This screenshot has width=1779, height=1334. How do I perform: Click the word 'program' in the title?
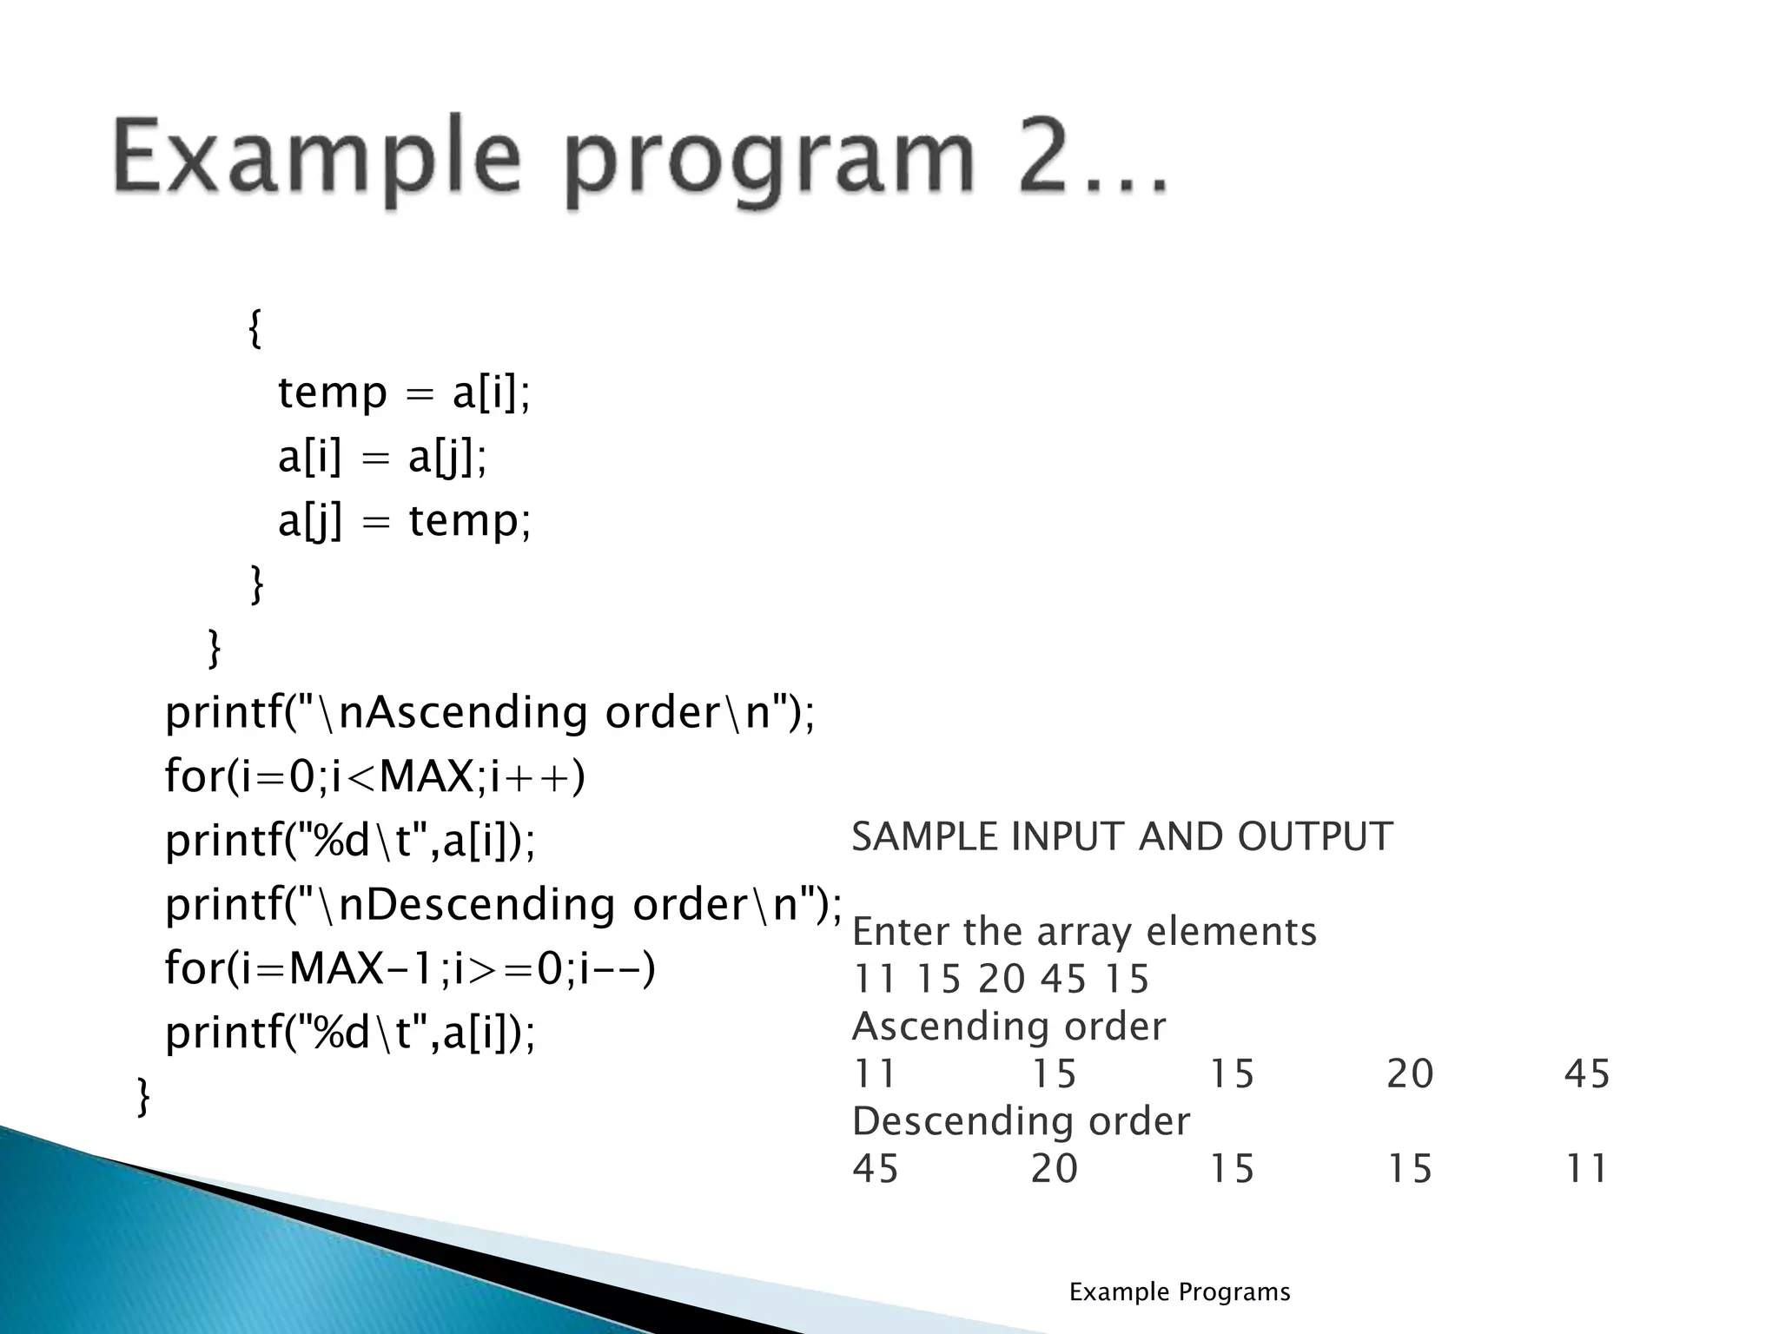click(771, 165)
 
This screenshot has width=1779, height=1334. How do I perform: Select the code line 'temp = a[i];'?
click(404, 393)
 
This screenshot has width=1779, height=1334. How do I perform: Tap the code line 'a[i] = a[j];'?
click(382, 457)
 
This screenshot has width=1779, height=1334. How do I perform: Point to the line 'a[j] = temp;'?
click(404, 521)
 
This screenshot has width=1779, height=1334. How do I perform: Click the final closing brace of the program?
click(144, 1097)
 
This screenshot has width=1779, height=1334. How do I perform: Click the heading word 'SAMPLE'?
click(923, 836)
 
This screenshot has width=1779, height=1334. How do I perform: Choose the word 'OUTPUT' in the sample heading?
click(1315, 836)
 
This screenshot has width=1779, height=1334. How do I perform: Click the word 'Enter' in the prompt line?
click(900, 932)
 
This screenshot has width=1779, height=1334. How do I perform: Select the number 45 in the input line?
click(1064, 979)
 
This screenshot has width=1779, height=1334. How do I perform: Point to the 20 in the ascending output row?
click(1410, 1073)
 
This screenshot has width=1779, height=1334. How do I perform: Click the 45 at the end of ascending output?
click(1587, 1073)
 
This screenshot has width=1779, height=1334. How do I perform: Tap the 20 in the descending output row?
click(1055, 1169)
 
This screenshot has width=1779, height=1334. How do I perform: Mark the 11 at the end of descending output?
click(1587, 1169)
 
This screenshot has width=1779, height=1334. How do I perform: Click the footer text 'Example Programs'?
click(1180, 1292)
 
